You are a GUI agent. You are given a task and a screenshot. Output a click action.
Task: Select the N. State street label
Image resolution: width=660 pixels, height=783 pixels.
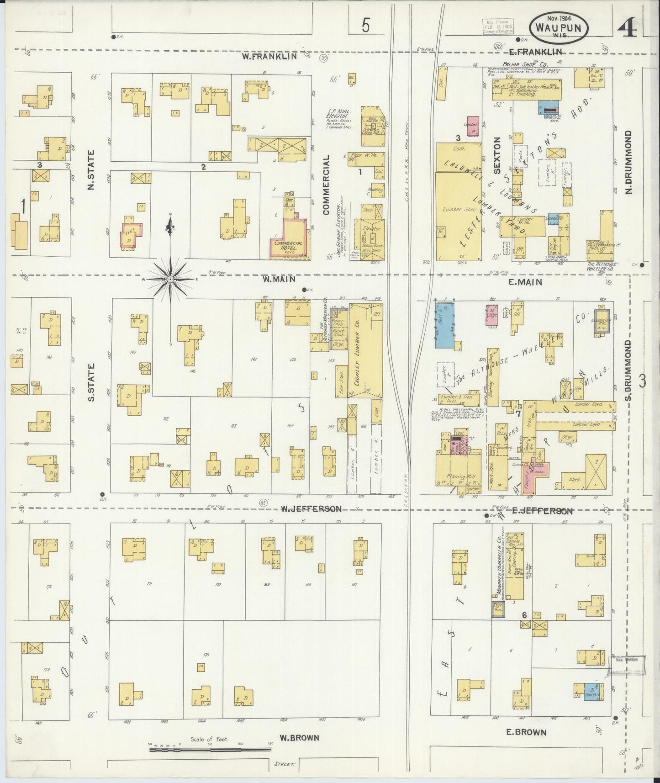tap(91, 170)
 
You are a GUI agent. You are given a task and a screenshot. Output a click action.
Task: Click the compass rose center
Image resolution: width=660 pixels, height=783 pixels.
tap(170, 279)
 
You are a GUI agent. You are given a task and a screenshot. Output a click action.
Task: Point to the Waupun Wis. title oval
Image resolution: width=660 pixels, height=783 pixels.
tap(559, 28)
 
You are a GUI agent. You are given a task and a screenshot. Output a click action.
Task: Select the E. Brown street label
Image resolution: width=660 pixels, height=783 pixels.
tap(526, 732)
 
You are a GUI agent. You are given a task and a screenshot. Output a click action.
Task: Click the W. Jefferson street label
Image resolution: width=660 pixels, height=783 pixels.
tap(311, 508)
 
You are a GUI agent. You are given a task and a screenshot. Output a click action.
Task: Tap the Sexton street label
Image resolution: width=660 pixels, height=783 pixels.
tap(498, 155)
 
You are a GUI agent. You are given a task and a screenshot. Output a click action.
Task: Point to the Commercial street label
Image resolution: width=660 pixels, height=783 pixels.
tap(326, 184)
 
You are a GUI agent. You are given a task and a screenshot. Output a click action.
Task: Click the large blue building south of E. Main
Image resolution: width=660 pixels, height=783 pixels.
tap(444, 325)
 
